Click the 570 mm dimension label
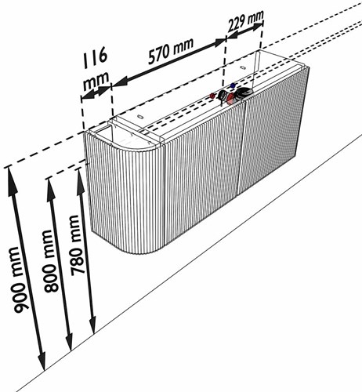171,51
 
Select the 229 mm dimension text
246,20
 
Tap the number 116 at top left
95,57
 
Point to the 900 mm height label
20,280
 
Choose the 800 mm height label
51,261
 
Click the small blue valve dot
233,85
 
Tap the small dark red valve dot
212,96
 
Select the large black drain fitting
244,92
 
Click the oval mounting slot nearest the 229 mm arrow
243,68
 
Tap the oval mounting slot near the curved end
140,117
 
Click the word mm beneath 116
96,80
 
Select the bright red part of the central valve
230,98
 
